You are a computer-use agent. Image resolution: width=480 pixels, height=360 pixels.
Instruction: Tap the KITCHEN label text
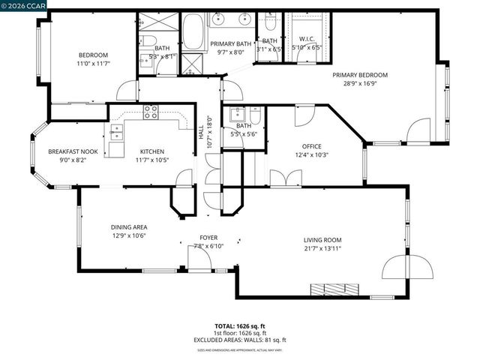tap(151, 151)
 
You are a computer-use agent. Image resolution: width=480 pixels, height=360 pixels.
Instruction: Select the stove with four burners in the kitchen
tap(151, 112)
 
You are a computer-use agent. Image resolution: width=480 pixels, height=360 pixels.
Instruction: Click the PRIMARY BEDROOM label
tap(360, 75)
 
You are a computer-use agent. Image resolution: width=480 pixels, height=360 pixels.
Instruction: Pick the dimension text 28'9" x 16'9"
tap(360, 85)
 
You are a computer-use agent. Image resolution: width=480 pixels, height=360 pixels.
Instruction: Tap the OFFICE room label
tap(311, 146)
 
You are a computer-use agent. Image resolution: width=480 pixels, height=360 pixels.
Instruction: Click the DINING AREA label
tap(128, 227)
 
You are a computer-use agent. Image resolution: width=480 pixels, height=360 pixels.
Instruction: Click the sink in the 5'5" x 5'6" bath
tap(238, 115)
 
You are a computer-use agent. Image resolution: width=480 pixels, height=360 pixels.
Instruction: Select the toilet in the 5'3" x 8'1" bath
tap(149, 41)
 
